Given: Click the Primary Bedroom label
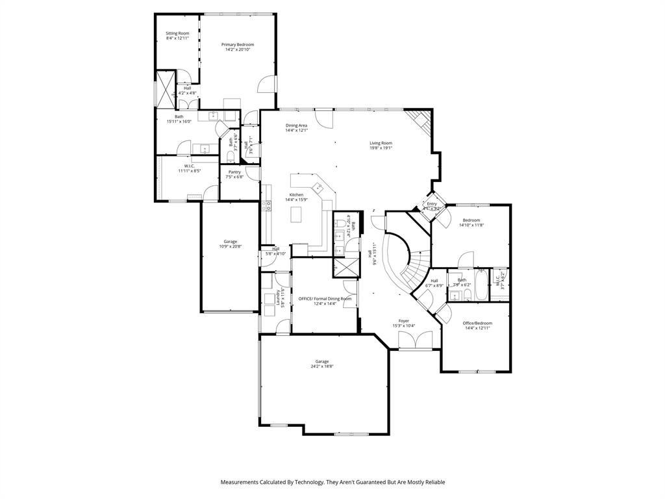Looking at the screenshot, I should click(238, 45).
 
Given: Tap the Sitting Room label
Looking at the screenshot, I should click(177, 33).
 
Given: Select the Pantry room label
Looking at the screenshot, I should click(234, 172).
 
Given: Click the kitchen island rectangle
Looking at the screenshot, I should click(300, 213).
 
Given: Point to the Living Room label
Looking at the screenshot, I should click(381, 143).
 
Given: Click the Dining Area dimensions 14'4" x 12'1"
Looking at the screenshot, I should click(296, 131).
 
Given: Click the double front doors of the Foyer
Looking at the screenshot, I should click(415, 340).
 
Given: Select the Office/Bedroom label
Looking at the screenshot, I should click(477, 323).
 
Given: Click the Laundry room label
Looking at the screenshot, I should click(278, 298).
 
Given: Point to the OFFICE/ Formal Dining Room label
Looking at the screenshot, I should click(325, 298).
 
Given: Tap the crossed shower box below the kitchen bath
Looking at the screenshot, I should click(344, 267).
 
